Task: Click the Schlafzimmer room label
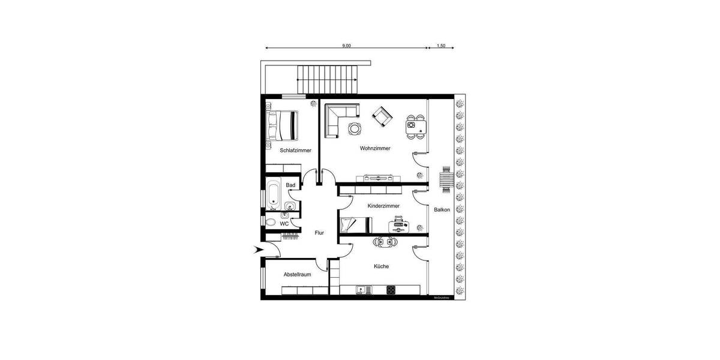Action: pyautogui.click(x=295, y=150)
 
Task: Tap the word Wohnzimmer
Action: pyautogui.click(x=376, y=148)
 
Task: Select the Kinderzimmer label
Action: pyautogui.click(x=384, y=206)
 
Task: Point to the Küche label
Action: pyautogui.click(x=381, y=266)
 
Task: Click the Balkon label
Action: pyautogui.click(x=443, y=209)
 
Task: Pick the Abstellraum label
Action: pyautogui.click(x=297, y=275)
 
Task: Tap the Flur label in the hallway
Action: pyautogui.click(x=319, y=233)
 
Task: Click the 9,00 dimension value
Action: pyautogui.click(x=346, y=46)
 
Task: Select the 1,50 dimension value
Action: pyautogui.click(x=441, y=46)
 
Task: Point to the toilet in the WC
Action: pyautogui.click(x=271, y=223)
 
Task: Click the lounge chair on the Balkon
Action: pyautogui.click(x=446, y=179)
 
